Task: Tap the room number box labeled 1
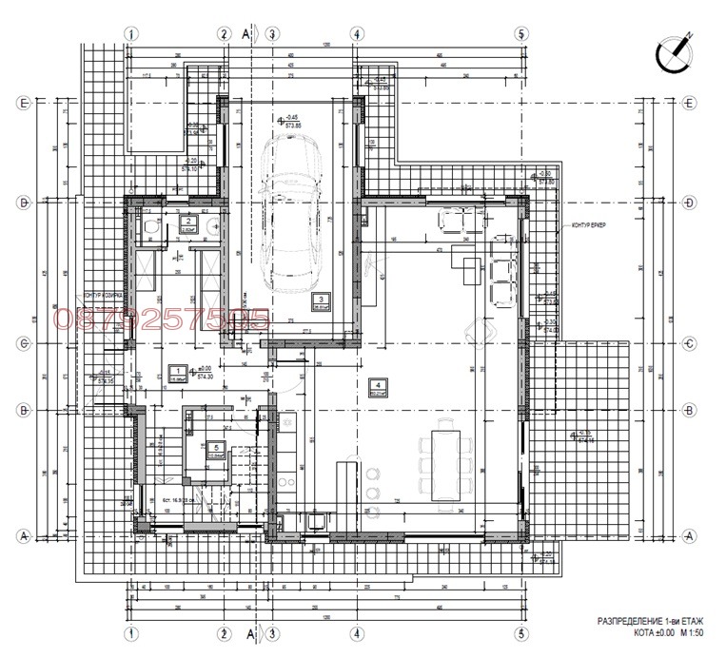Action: click(x=176, y=371)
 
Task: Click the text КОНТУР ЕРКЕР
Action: click(x=588, y=225)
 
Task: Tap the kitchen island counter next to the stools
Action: click(x=350, y=480)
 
